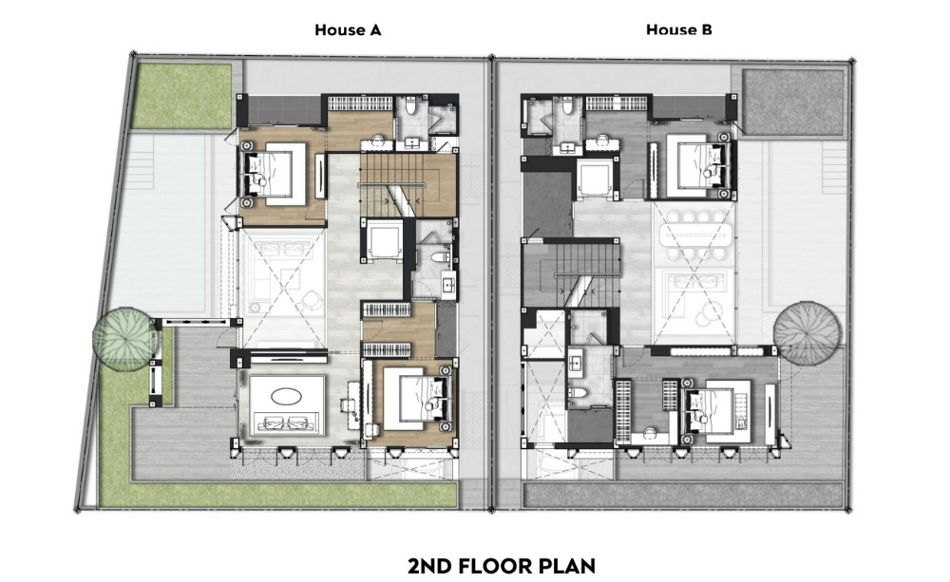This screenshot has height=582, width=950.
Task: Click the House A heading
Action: (x=348, y=29)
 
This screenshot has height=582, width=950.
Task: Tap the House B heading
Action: (x=678, y=29)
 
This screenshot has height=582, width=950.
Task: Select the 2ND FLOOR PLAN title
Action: (x=502, y=566)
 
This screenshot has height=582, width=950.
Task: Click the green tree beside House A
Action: (x=124, y=337)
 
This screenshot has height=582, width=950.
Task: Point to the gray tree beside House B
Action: (x=807, y=333)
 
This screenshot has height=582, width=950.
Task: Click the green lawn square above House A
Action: (x=181, y=96)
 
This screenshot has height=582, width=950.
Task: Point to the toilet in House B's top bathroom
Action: (x=568, y=106)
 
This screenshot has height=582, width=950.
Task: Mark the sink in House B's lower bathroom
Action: (x=577, y=364)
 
